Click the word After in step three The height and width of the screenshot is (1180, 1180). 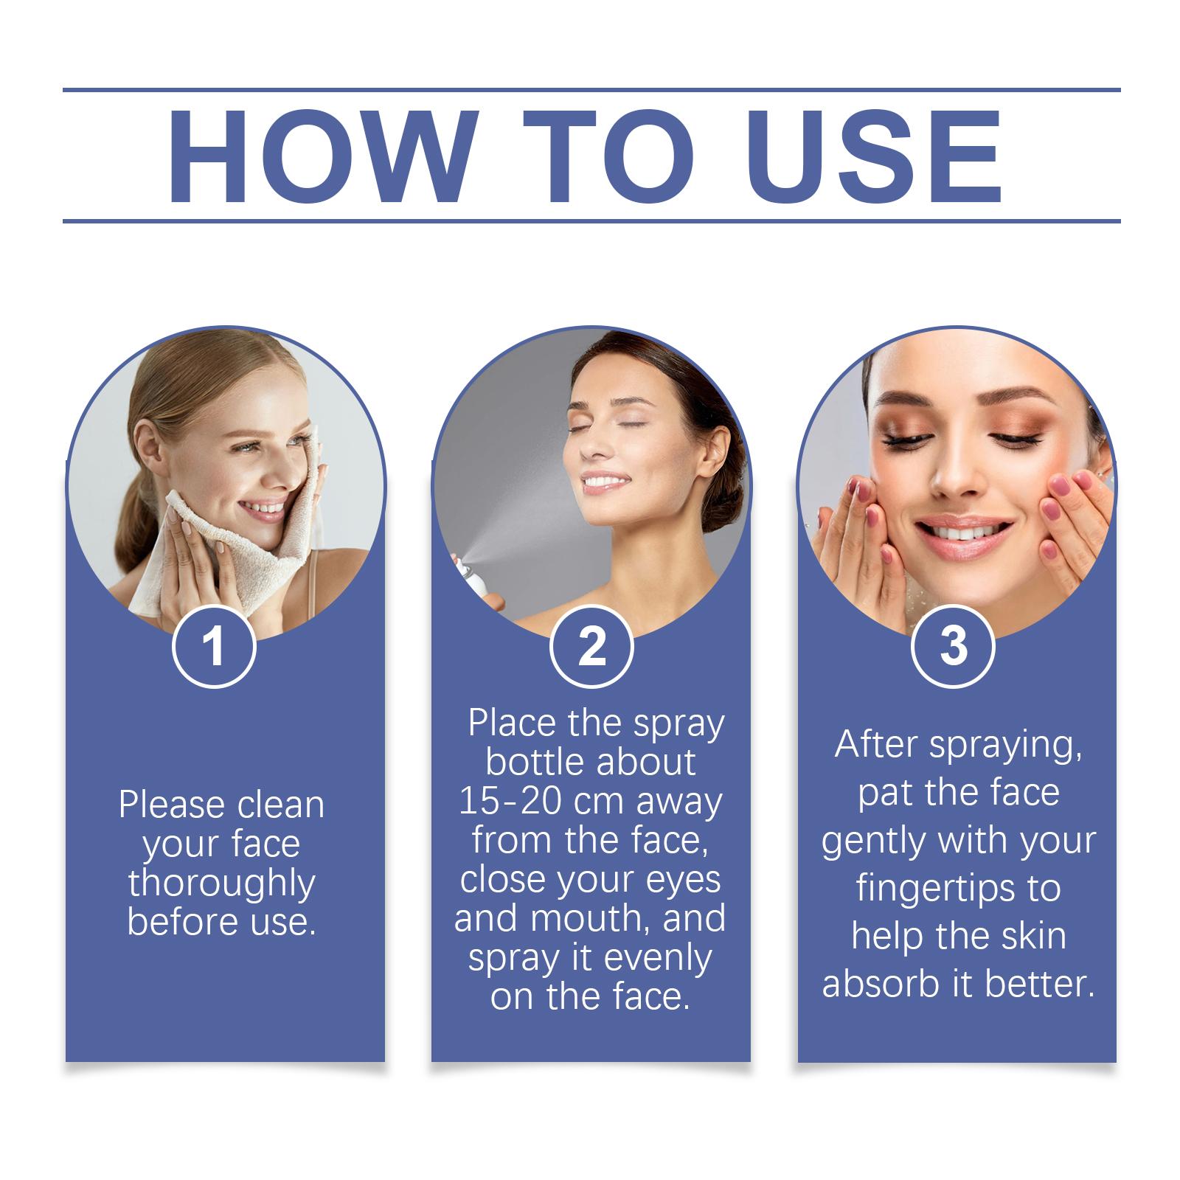877,744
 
